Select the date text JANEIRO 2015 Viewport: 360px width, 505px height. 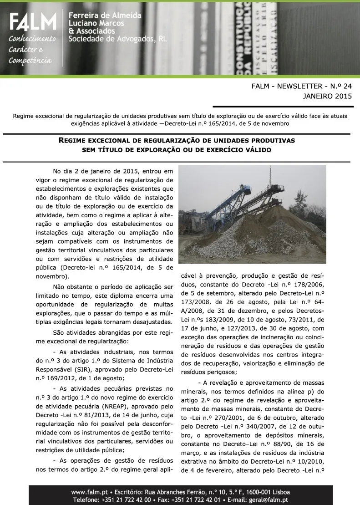pos(327,96)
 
